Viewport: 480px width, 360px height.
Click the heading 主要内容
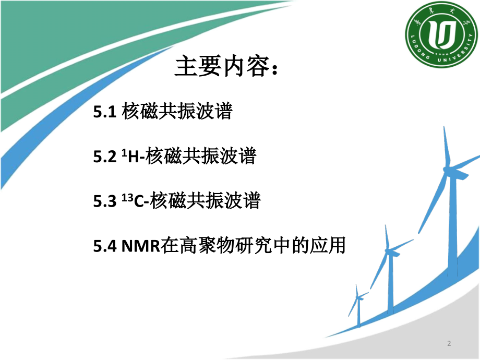click(x=221, y=67)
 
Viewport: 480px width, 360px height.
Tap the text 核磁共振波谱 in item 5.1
click(x=177, y=112)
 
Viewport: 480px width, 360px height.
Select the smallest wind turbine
click(x=358, y=305)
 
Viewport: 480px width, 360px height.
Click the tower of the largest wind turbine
click(x=452, y=224)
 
